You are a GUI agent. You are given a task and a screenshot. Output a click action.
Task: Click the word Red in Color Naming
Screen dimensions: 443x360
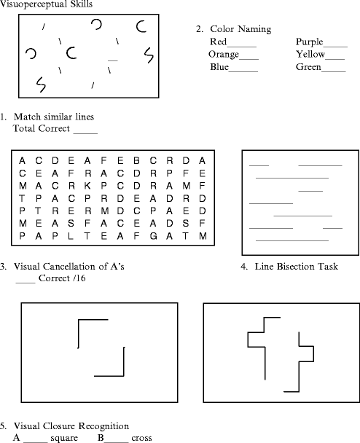[218, 42]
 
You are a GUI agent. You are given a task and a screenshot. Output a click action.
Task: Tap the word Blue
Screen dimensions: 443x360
[219, 67]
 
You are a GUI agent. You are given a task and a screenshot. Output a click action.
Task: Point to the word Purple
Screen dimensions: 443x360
[310, 42]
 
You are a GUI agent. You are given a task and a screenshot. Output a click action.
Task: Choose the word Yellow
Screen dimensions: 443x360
[310, 55]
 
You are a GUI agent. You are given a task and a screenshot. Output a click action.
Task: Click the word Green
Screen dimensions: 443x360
[308, 67]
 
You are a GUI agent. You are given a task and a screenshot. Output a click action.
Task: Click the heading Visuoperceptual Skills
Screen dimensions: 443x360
[46, 4]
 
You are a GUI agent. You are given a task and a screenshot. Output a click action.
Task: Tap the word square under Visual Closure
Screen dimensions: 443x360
[64, 438]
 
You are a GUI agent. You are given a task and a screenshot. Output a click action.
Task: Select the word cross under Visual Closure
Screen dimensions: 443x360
[141, 438]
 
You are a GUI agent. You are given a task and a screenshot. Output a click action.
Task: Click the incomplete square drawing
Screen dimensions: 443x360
[100, 348]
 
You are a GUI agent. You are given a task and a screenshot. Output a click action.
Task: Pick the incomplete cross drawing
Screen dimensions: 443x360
[279, 353]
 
